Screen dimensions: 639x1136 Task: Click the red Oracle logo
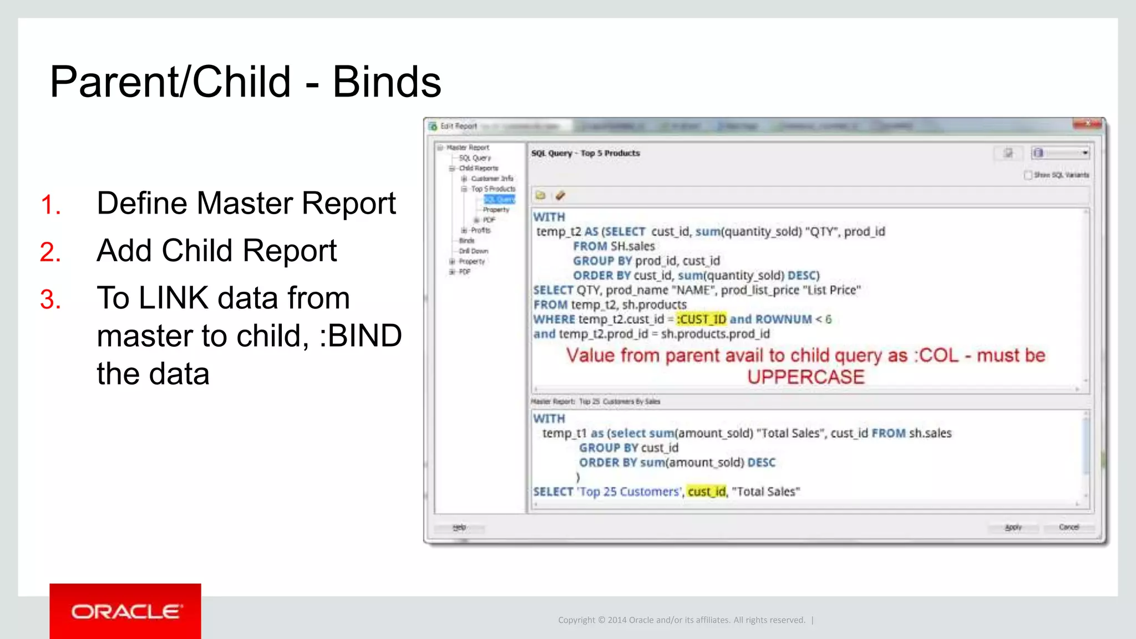(125, 611)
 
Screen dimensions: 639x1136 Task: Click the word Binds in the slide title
(387, 82)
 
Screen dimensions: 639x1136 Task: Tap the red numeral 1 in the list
(50, 205)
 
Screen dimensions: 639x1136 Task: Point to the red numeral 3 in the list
(50, 300)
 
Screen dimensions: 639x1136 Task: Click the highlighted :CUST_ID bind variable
(701, 319)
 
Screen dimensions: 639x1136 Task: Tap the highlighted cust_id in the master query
(707, 491)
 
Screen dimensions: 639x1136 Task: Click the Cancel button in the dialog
(1068, 527)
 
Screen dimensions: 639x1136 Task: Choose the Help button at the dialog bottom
(459, 527)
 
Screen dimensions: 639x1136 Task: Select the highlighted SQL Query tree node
(499, 199)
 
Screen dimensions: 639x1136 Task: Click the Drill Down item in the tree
(473, 251)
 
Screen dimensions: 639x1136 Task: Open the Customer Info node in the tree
(492, 179)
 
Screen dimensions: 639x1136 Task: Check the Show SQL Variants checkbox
(1028, 175)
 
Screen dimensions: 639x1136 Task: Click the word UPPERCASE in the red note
(805, 377)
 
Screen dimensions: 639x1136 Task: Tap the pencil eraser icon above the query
(560, 195)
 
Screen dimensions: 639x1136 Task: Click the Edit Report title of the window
(458, 126)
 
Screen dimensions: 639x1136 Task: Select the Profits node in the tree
(480, 230)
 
